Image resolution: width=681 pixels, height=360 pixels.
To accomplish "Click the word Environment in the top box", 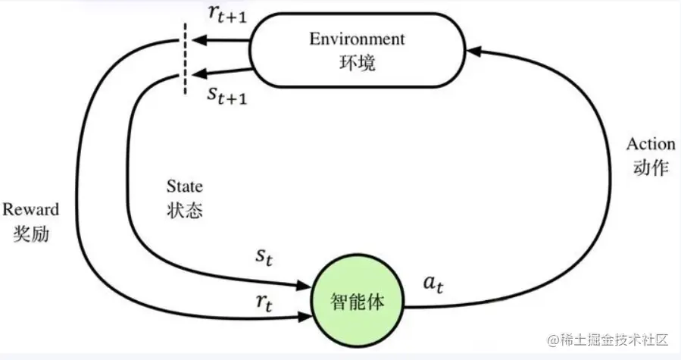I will (357, 39).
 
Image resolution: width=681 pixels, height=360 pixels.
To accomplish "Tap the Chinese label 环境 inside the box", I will (357, 63).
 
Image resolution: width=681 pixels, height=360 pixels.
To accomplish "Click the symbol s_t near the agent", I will (263, 258).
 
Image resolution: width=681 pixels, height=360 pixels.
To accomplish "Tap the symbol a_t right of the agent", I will (433, 284).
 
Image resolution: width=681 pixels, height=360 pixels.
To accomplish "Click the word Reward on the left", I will (30, 209).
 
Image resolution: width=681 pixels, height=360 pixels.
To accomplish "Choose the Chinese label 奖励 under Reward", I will (30, 233).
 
